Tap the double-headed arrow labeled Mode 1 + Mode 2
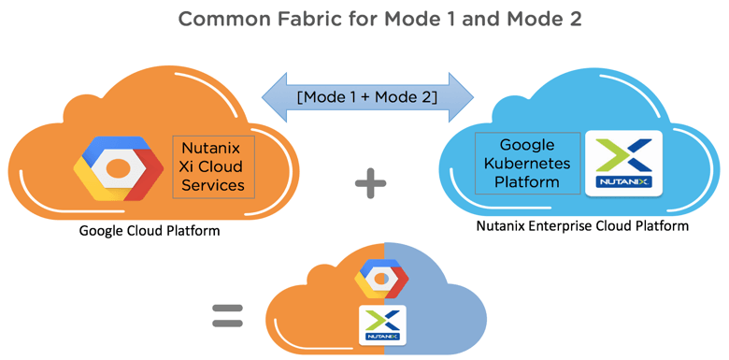(x=367, y=97)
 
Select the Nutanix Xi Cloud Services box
(x=213, y=167)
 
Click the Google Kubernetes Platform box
(x=528, y=164)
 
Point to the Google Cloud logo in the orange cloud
(x=119, y=168)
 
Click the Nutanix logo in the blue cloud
(x=624, y=163)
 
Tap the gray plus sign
(x=370, y=182)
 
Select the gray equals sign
(x=227, y=316)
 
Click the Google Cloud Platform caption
(x=150, y=231)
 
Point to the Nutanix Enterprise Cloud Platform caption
(x=582, y=226)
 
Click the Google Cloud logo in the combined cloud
(x=381, y=279)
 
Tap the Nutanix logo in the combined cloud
(x=383, y=324)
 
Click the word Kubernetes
(x=528, y=164)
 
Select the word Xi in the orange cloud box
(x=187, y=166)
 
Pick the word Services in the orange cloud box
(x=213, y=185)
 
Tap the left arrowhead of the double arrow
(x=275, y=97)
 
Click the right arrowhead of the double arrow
(x=461, y=97)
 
